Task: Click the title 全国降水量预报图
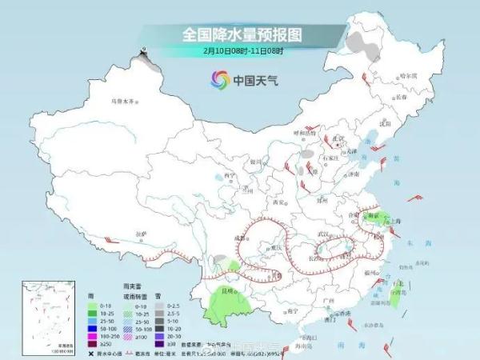[x=239, y=34]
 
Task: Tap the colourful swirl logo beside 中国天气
[x=219, y=79]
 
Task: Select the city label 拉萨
[x=142, y=233]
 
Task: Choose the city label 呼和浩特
[x=306, y=133]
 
